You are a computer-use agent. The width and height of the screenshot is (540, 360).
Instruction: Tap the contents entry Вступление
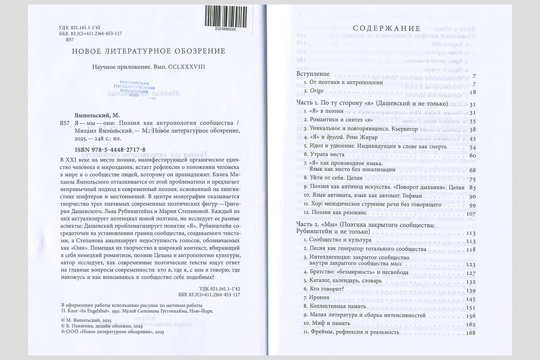click(x=314, y=73)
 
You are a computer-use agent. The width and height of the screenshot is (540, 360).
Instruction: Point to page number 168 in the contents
click(x=470, y=333)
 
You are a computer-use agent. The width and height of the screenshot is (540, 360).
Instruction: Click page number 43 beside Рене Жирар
click(x=472, y=138)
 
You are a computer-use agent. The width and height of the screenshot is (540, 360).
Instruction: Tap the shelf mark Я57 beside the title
click(x=66, y=122)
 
